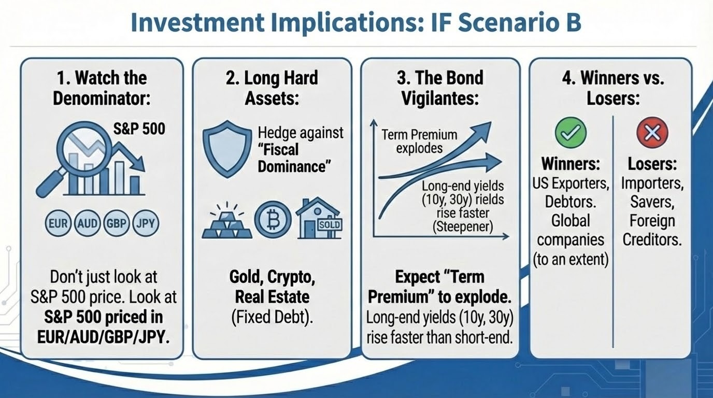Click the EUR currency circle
tap(58, 223)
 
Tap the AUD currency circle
tap(87, 223)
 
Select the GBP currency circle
tap(117, 223)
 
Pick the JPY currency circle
tap(146, 223)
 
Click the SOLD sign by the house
tap(330, 225)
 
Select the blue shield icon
tap(227, 149)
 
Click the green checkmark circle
tap(571, 133)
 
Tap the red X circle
tap(652, 133)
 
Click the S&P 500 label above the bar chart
tap(139, 129)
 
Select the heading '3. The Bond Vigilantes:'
tap(440, 88)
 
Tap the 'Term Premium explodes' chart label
tap(419, 141)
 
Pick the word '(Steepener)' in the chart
tap(463, 226)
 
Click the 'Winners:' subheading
tap(571, 164)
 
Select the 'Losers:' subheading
tap(652, 164)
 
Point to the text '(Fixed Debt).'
tap(272, 317)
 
